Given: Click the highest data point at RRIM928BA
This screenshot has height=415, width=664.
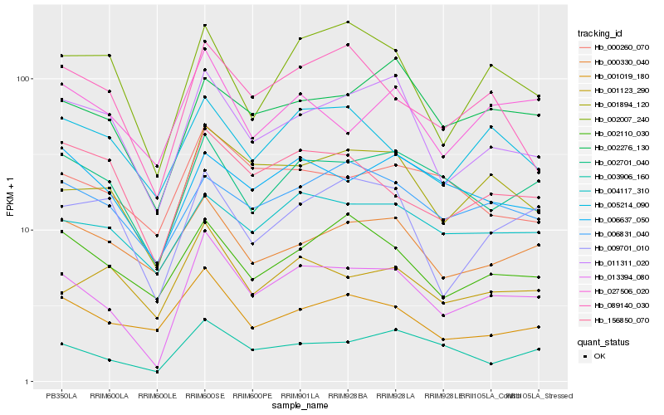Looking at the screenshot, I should pos(347,22).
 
